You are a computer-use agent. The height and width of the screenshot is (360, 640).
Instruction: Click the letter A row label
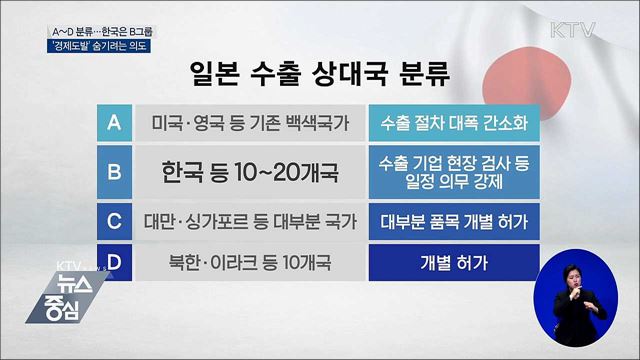pos(114,124)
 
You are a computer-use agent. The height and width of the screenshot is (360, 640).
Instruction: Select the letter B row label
pos(114,171)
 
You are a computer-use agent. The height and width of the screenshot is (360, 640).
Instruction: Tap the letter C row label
pos(114,219)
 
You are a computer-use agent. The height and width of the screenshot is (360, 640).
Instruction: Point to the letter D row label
pos(114,266)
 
